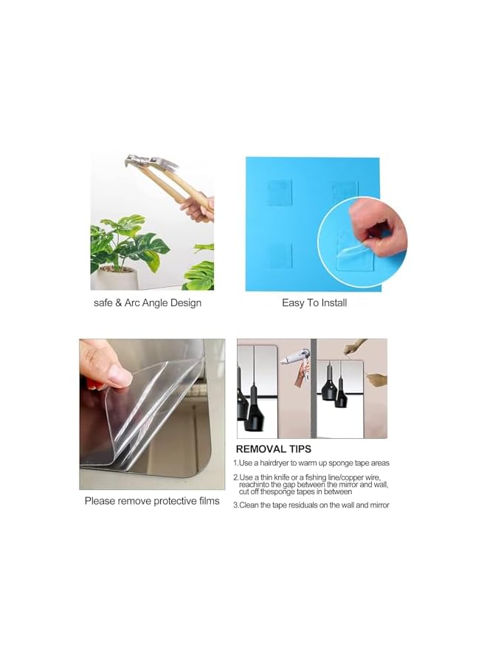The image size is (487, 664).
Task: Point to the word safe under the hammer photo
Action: (104, 302)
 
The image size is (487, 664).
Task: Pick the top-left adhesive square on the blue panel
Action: (280, 191)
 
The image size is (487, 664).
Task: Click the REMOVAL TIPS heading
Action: (273, 449)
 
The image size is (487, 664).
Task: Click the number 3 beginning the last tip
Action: (235, 505)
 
